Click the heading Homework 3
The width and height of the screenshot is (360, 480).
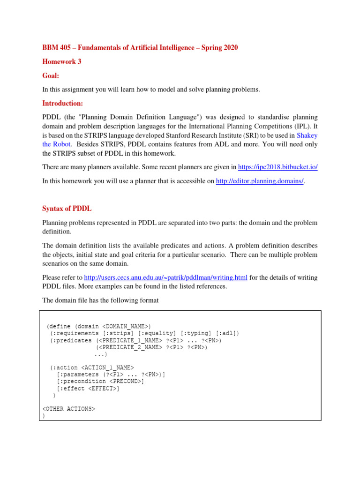(x=62, y=61)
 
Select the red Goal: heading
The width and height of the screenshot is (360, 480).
(x=51, y=75)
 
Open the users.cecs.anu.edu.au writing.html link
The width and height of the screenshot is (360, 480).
(x=165, y=277)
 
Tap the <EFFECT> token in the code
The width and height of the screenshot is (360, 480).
(x=103, y=388)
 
